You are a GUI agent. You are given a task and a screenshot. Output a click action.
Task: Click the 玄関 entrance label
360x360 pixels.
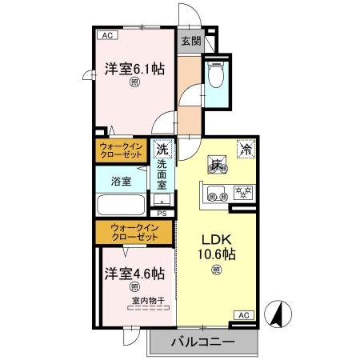point(189,42)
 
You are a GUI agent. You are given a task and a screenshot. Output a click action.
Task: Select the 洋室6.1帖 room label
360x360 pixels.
point(134,70)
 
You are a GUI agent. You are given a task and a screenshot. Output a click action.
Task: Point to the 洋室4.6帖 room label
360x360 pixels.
point(134,274)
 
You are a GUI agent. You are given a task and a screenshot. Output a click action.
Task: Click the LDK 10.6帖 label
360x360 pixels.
point(217,247)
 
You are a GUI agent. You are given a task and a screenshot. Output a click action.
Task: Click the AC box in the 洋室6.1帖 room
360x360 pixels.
point(106,36)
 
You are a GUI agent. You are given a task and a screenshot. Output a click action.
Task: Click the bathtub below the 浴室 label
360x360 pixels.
point(122,205)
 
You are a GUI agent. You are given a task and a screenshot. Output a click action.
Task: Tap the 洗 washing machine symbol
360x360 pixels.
point(162,149)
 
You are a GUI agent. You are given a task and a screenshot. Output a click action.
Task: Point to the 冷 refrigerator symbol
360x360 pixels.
point(247,148)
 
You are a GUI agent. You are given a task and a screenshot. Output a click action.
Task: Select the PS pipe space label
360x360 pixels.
point(162,213)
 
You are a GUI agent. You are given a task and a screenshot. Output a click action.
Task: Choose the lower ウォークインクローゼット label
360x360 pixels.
point(134,233)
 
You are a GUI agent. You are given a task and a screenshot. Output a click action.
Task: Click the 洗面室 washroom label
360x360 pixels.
point(162,175)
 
